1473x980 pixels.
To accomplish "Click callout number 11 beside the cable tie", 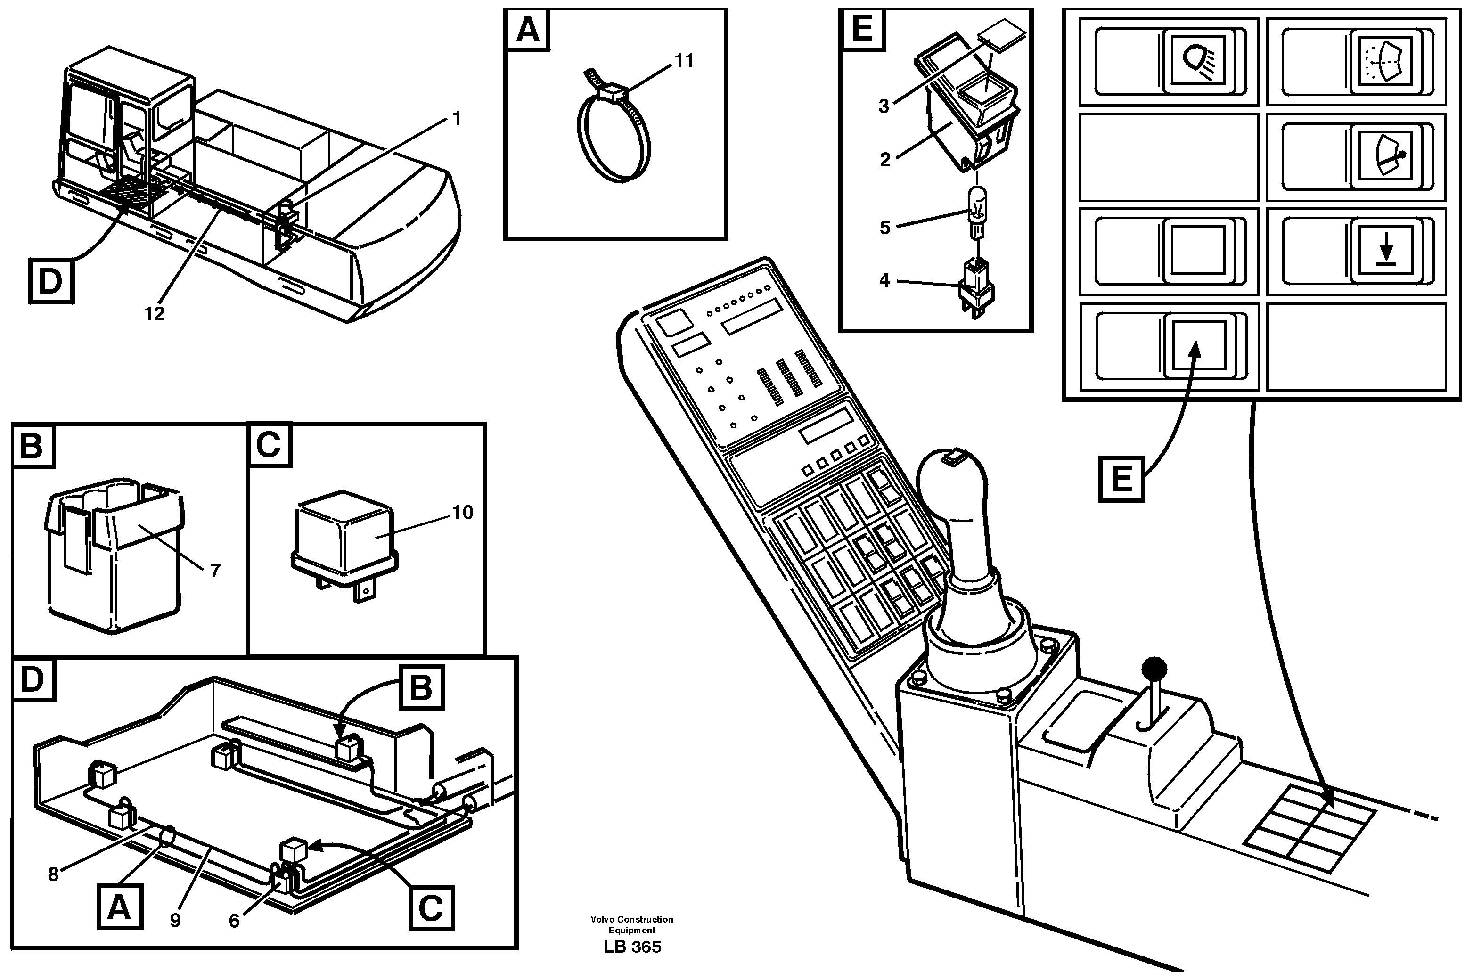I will pos(684,61).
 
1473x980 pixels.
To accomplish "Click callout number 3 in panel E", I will pos(883,106).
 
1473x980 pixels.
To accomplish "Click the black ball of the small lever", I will pos(1154,670).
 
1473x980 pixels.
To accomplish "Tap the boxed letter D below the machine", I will pos(50,281).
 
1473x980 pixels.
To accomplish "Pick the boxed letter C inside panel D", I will pos(431,907).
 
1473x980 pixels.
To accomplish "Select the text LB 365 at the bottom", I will pos(632,947).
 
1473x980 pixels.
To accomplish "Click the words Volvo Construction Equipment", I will pos(632,924).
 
